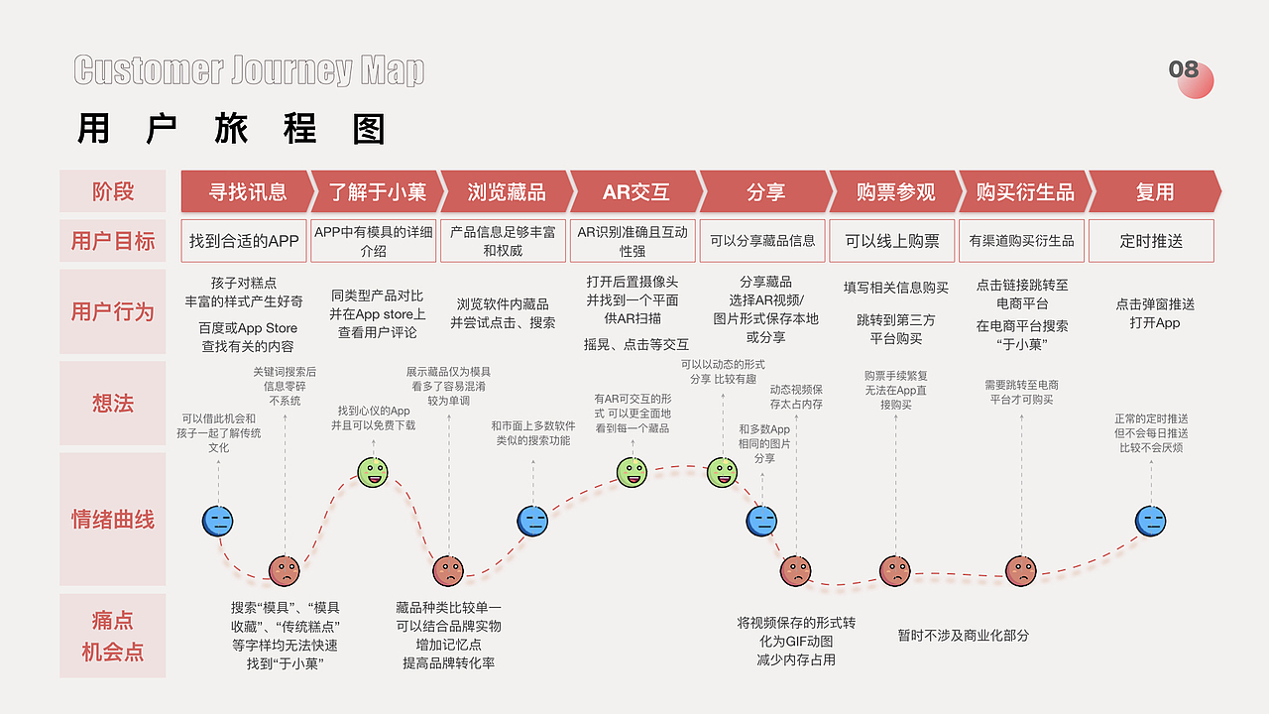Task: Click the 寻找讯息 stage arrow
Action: click(x=246, y=191)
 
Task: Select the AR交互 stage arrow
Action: click(x=634, y=191)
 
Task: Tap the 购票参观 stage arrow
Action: click(x=895, y=191)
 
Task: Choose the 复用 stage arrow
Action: click(x=1153, y=191)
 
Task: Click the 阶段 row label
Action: click(x=113, y=191)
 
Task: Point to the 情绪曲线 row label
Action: click(x=113, y=520)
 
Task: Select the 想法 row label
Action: click(x=113, y=404)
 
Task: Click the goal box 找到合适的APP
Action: click(x=244, y=241)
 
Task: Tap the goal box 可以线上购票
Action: click(x=892, y=241)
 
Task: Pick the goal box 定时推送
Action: click(x=1151, y=241)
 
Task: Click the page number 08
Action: click(x=1185, y=69)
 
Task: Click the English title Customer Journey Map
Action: click(x=249, y=70)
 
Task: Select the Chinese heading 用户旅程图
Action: click(x=231, y=129)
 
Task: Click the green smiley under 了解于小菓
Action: click(x=373, y=472)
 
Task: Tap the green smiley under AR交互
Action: click(x=632, y=472)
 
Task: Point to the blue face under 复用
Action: click(x=1150, y=521)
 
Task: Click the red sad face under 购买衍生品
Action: click(x=1021, y=570)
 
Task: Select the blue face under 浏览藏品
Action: click(x=532, y=521)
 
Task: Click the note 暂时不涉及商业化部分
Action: click(x=964, y=635)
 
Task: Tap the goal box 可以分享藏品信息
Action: click(x=763, y=241)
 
